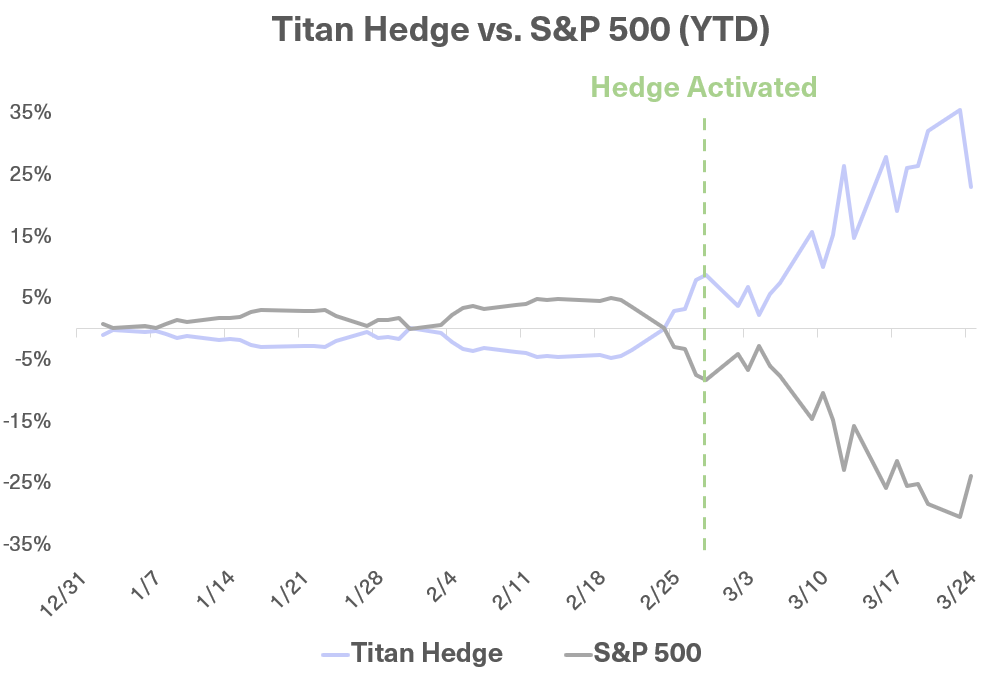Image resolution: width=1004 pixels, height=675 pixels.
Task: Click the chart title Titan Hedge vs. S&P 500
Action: pyautogui.click(x=520, y=29)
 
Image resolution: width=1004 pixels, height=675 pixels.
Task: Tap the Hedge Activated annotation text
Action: pyautogui.click(x=704, y=87)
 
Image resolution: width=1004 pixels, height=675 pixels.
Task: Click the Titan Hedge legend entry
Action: pyautogui.click(x=412, y=653)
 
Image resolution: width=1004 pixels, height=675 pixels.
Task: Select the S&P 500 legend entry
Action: pyautogui.click(x=633, y=653)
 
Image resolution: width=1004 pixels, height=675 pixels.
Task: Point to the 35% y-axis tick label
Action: pyautogui.click(x=30, y=112)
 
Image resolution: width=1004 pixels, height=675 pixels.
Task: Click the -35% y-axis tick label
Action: pyautogui.click(x=26, y=544)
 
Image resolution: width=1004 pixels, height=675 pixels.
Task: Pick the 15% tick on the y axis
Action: pyautogui.click(x=30, y=236)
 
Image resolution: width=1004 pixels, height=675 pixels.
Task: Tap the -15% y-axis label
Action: pyautogui.click(x=26, y=421)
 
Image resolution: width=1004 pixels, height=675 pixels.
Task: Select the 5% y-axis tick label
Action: pyautogui.click(x=35, y=297)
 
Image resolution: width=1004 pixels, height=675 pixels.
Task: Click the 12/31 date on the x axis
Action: pyautogui.click(x=63, y=594)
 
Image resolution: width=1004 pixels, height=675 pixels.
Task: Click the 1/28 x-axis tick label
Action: pyautogui.click(x=364, y=588)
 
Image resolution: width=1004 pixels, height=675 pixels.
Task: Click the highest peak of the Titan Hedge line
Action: pyautogui.click(x=959, y=110)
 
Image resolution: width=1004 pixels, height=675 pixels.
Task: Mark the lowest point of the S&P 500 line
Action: pyautogui.click(x=960, y=516)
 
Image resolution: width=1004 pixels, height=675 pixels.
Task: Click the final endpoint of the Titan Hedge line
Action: pyautogui.click(x=971, y=186)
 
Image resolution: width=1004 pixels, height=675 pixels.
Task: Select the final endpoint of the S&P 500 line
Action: pyautogui.click(x=971, y=476)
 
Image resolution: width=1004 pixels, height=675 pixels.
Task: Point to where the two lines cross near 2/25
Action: pyautogui.click(x=664, y=328)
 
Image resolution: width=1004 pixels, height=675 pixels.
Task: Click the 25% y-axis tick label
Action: pyautogui.click(x=30, y=174)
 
